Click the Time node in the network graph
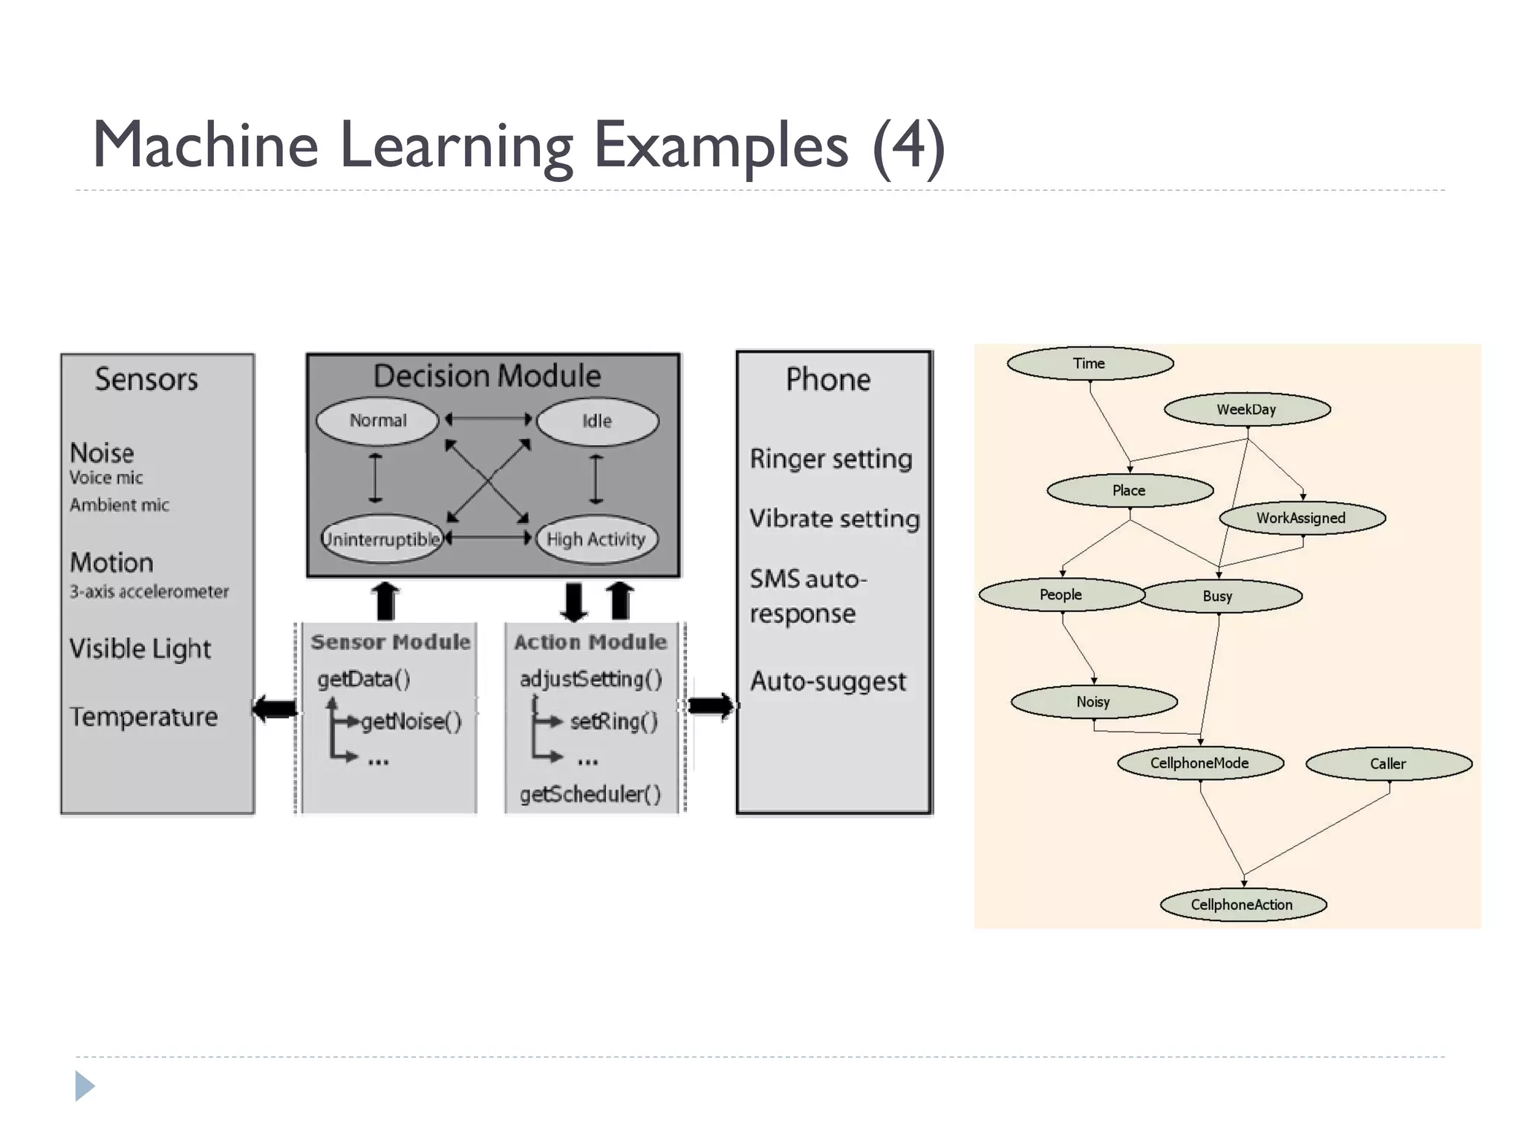click(x=1090, y=363)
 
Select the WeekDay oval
click(x=1246, y=409)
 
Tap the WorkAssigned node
click(x=1301, y=518)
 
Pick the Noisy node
click(x=1093, y=701)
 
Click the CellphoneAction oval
click(x=1242, y=904)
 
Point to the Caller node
click(x=1388, y=764)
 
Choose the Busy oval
click(x=1218, y=596)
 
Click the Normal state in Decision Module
click(x=378, y=420)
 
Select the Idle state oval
click(x=596, y=421)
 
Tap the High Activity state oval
click(x=596, y=539)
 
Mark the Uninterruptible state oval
click(x=382, y=539)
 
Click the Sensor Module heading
click(x=391, y=642)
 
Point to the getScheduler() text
click(x=590, y=794)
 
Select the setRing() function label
click(x=613, y=721)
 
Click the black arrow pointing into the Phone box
click(x=710, y=706)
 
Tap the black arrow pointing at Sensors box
click(x=275, y=708)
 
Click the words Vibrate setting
click(x=834, y=518)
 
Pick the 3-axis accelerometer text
click(x=149, y=591)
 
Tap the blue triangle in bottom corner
click(x=84, y=1086)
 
